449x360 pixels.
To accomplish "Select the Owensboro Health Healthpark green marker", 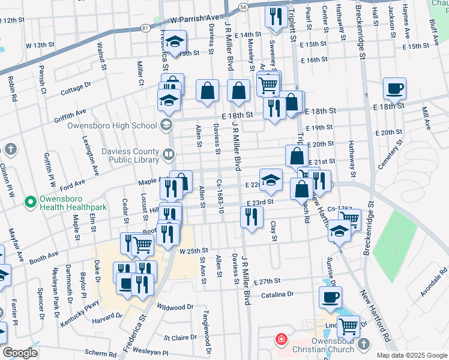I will coord(28,200).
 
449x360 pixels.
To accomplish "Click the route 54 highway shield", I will coord(242,7).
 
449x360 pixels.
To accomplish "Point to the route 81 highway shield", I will coord(145,28).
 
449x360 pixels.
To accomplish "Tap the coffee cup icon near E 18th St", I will coord(395,89).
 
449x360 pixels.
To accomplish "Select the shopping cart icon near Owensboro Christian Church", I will coord(348,326).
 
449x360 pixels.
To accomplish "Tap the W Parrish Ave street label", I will coord(196,19).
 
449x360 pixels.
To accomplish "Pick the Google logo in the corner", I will coord(19,352).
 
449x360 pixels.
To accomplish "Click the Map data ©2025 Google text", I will coord(412,355).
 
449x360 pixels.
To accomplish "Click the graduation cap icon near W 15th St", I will coord(175,41).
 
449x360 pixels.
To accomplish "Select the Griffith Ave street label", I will coord(69,112).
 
